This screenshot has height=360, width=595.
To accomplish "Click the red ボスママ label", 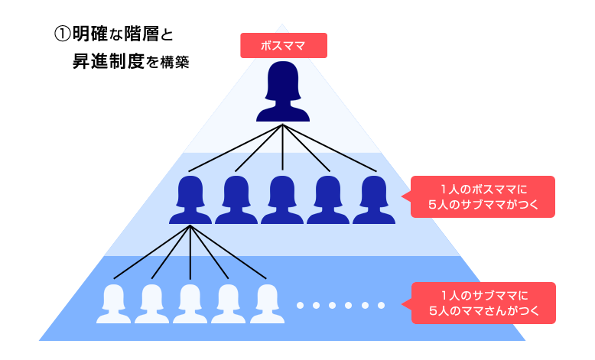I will (x=284, y=45).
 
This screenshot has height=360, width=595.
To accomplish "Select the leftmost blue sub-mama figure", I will (x=190, y=199).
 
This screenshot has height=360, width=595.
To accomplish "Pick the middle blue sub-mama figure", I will (x=282, y=199).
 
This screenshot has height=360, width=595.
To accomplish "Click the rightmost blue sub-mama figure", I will (x=374, y=199).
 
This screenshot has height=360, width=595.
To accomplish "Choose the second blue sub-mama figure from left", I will (x=236, y=199).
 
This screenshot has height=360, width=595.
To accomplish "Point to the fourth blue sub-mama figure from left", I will (x=328, y=199).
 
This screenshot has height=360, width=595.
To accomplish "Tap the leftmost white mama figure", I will (x=114, y=303).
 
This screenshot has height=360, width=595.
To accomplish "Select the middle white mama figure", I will (x=190, y=303).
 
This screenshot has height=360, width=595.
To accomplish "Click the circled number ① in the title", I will (x=61, y=35).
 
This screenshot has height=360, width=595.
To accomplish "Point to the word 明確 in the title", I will (x=90, y=35).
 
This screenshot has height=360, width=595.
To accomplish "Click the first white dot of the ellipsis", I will (x=301, y=306).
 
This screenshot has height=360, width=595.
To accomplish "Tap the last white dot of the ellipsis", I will (x=381, y=306).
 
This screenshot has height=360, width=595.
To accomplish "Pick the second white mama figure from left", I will (x=152, y=303).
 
